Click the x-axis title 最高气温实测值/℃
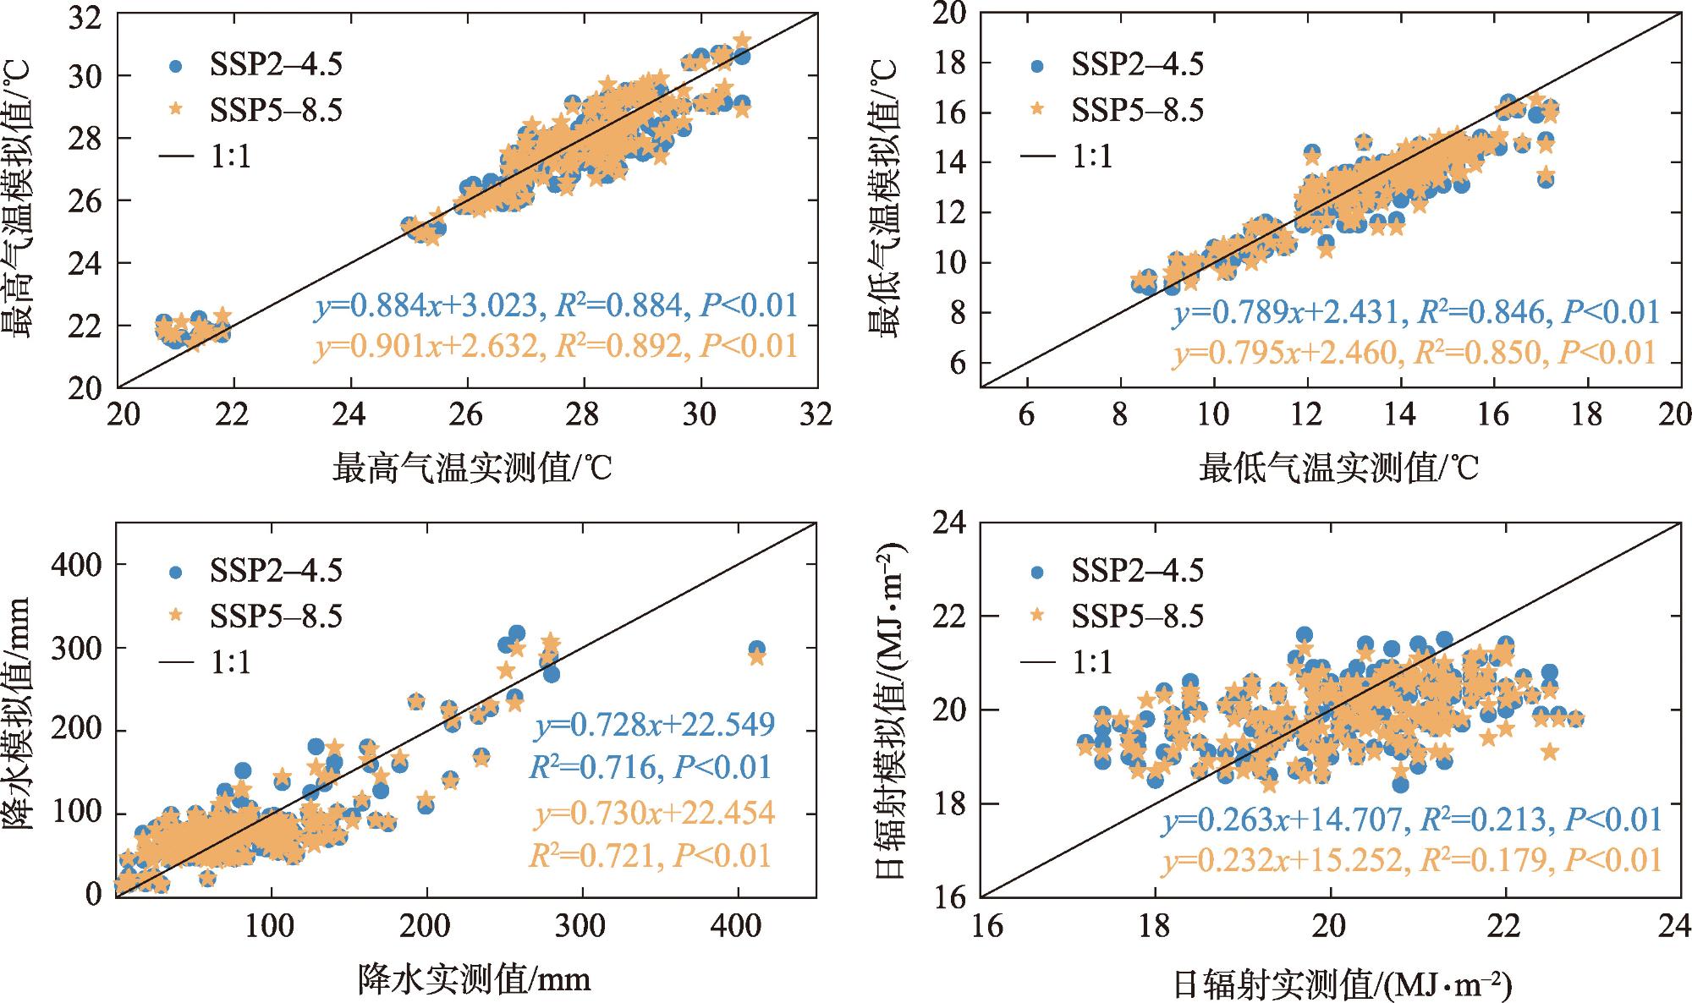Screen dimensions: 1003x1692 pyautogui.click(x=471, y=468)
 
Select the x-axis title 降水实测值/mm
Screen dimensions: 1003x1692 pyautogui.click(x=474, y=978)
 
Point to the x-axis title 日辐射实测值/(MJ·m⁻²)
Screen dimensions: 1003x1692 pyautogui.click(x=1342, y=984)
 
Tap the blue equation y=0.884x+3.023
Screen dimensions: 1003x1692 pyautogui.click(x=426, y=305)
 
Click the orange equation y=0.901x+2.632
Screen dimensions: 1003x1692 pyautogui.click(x=426, y=346)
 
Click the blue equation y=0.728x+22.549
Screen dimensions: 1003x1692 pyautogui.click(x=654, y=725)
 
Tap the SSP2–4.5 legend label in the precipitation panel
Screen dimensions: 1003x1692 pyautogui.click(x=276, y=571)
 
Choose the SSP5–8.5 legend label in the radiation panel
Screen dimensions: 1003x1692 pyautogui.click(x=1137, y=617)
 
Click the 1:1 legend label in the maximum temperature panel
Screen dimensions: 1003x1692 pyautogui.click(x=231, y=156)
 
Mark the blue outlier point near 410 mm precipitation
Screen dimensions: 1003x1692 pyautogui.click(x=756, y=649)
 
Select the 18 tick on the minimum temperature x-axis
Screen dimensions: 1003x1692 pyautogui.click(x=1586, y=415)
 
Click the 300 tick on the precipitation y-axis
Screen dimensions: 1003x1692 pyautogui.click(x=78, y=648)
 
